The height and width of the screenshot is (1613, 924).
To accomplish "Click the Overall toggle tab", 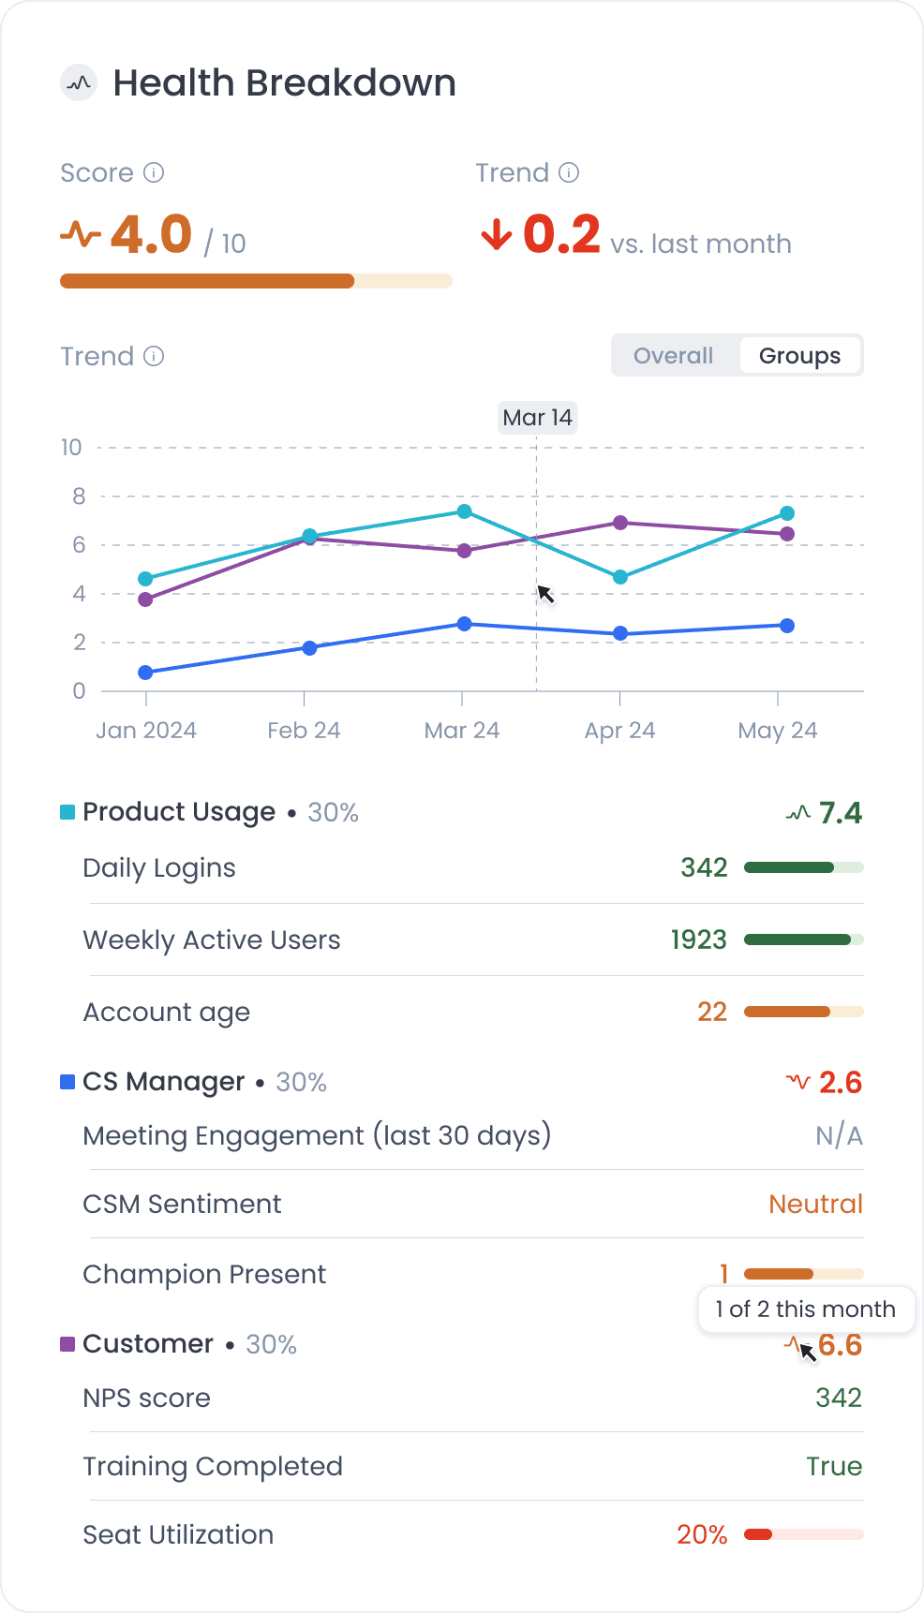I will click(x=673, y=356).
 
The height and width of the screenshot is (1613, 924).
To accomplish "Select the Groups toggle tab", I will click(x=799, y=356).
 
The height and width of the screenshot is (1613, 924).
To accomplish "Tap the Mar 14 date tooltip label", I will click(x=537, y=418).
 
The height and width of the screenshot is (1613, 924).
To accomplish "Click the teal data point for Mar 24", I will click(x=464, y=511).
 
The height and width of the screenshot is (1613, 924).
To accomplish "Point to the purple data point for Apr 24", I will click(x=619, y=523).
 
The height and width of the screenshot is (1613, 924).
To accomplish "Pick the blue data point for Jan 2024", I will click(x=145, y=673).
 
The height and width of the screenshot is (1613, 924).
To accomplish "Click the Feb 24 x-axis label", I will click(x=304, y=731).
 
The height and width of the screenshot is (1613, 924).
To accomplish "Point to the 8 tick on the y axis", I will click(x=79, y=496).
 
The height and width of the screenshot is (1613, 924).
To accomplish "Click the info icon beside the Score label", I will click(x=154, y=173).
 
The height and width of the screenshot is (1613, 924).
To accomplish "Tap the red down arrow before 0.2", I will click(x=496, y=235).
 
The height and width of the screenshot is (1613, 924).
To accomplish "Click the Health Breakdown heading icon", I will click(x=80, y=83).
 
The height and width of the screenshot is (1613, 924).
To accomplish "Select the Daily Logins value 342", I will click(x=704, y=867).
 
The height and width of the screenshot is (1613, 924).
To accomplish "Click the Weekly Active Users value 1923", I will click(x=698, y=940).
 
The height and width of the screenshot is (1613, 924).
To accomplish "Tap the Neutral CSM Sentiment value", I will click(x=815, y=1205).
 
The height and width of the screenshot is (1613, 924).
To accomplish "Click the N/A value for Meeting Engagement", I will click(x=839, y=1136).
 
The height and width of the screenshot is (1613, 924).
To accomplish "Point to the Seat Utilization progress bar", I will click(x=803, y=1534).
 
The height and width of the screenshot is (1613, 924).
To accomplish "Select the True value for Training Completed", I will click(x=834, y=1467).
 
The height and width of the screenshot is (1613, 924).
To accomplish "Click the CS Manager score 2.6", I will click(x=840, y=1083).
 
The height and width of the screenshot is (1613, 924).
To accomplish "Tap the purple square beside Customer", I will click(x=67, y=1344).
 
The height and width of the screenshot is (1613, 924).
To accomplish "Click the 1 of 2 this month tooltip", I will click(x=806, y=1310).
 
